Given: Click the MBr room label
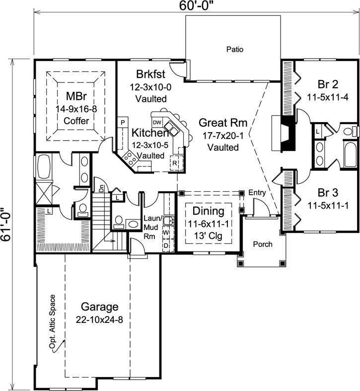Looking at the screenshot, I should click(76, 94).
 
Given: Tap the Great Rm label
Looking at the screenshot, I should click(223, 123).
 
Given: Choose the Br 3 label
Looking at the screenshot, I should click(328, 192).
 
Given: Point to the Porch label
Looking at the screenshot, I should click(263, 244).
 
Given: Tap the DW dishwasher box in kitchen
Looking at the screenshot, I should click(157, 122).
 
